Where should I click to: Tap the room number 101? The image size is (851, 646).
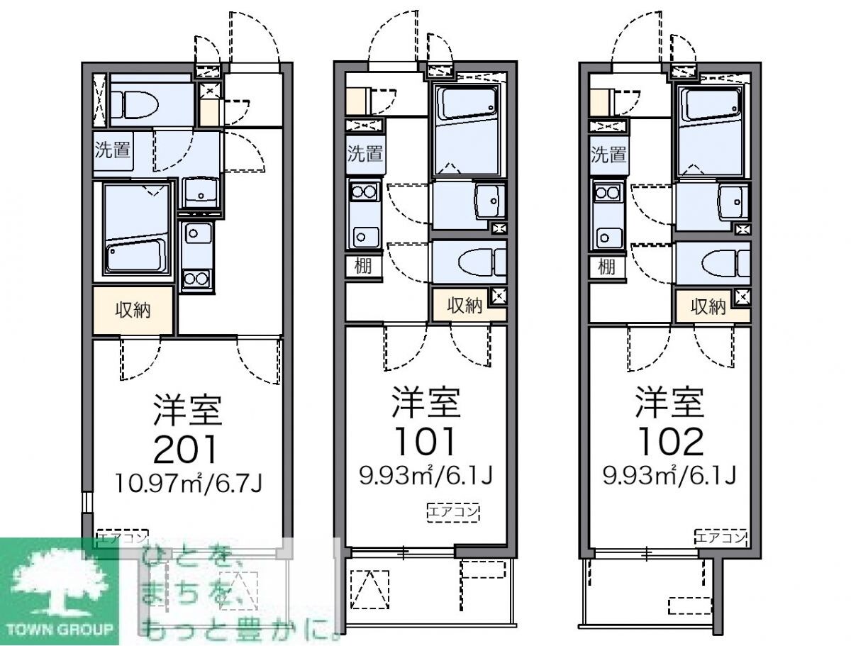tap(426, 442)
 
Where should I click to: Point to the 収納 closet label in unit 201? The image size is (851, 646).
tap(133, 310)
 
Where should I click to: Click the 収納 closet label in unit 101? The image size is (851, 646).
tap(465, 306)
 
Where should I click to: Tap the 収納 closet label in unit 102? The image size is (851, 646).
tap(708, 306)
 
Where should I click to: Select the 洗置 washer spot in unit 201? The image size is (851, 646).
tap(113, 150)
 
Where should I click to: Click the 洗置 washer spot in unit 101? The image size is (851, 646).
tap(365, 153)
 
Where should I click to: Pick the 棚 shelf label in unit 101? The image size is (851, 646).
tap(362, 266)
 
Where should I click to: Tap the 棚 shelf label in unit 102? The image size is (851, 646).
tap(606, 266)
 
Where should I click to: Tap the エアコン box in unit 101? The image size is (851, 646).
tap(453, 511)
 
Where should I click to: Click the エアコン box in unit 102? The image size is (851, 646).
tap(722, 538)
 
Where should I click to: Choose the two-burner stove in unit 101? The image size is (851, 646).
tap(365, 191)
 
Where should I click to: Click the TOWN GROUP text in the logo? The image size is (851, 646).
tap(60, 629)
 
